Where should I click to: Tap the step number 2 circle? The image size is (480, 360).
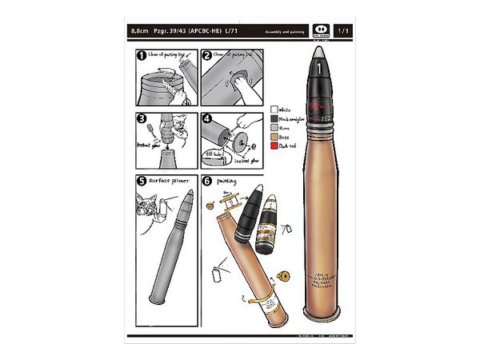pyautogui.click(x=206, y=56)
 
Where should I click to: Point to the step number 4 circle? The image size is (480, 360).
pyautogui.click(x=206, y=118)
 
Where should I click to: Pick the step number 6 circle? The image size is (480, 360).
pyautogui.click(x=206, y=181)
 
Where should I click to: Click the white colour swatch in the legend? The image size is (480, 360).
pyautogui.click(x=274, y=109)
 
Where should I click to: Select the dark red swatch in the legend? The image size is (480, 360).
pyautogui.click(x=274, y=146)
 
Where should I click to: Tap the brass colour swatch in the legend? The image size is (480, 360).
pyautogui.click(x=274, y=137)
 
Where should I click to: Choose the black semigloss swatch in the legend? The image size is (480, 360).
pyautogui.click(x=274, y=118)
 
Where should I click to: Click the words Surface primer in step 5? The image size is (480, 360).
pyautogui.click(x=166, y=182)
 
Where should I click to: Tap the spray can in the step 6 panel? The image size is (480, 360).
pyautogui.click(x=215, y=276)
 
